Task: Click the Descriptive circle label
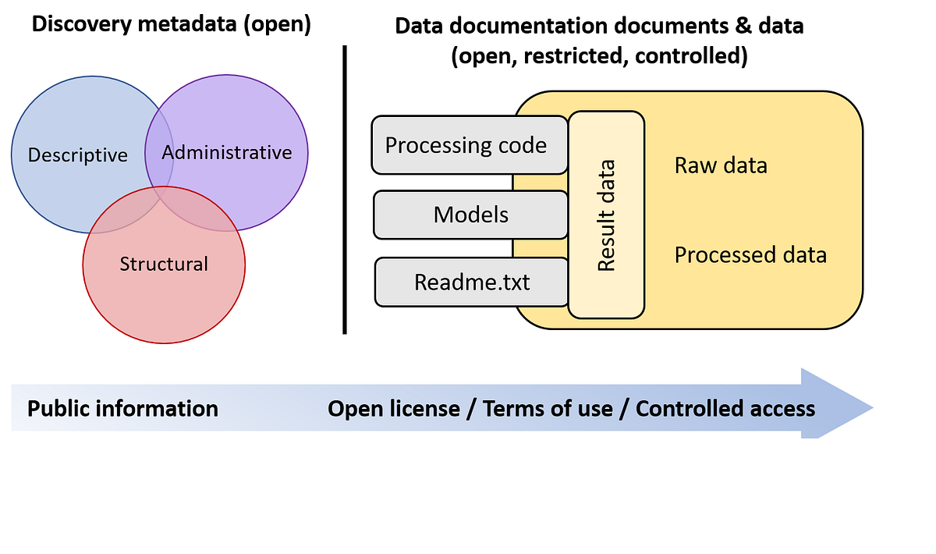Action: click(x=77, y=155)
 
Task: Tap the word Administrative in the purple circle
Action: click(x=226, y=153)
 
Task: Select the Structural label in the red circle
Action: click(x=164, y=265)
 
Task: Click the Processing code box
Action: click(x=466, y=145)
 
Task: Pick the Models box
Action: click(x=470, y=215)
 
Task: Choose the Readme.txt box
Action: click(x=472, y=282)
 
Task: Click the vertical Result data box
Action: click(x=607, y=215)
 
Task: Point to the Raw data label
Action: click(x=721, y=165)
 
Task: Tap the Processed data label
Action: click(x=750, y=255)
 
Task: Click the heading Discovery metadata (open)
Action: click(x=171, y=24)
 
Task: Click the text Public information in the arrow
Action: click(x=122, y=409)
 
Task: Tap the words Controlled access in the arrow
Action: click(x=725, y=409)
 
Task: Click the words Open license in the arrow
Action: click(x=393, y=409)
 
